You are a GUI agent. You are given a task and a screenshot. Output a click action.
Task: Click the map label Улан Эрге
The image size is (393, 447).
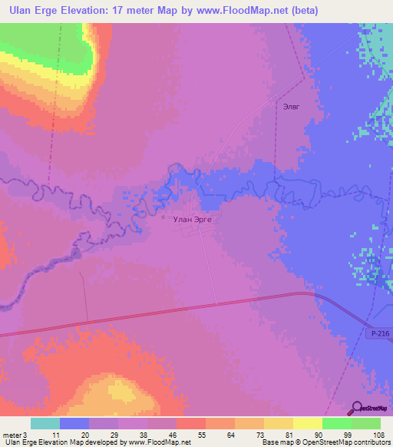(193, 219)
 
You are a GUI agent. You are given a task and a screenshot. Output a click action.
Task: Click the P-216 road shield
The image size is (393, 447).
(378, 334)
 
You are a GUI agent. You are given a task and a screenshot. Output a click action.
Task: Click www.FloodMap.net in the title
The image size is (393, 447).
(233, 10)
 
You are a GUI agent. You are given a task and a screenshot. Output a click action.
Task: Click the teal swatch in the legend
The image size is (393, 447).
(45, 423)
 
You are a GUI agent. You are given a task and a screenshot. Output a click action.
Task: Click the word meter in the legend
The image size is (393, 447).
(12, 435)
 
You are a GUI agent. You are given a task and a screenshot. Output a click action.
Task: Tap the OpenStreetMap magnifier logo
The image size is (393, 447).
(355, 408)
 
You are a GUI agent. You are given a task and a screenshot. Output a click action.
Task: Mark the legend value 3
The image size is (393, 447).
(25, 435)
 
